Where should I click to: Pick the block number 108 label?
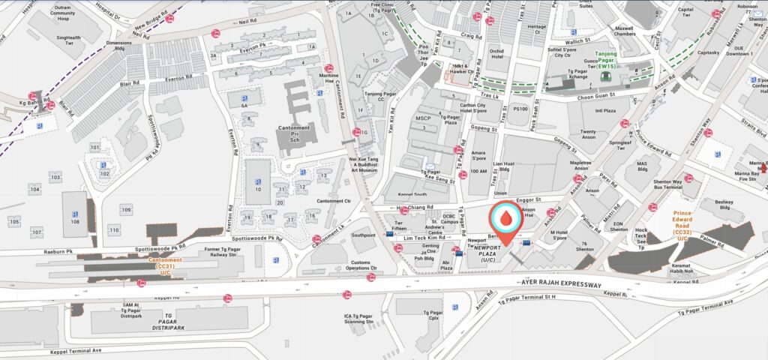point(75,222)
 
